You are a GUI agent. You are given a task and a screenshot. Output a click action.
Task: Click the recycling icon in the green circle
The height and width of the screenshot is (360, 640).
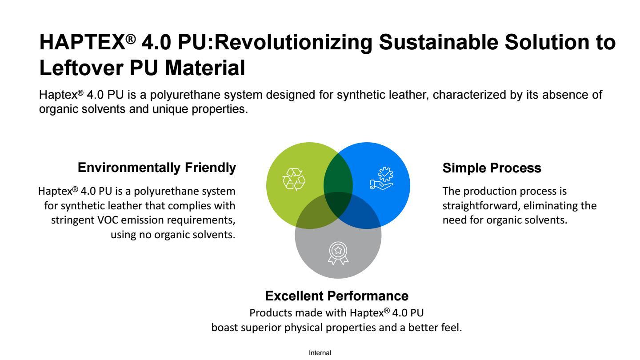[x=294, y=180]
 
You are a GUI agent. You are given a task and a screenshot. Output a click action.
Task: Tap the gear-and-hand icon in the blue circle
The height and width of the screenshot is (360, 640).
[x=381, y=178]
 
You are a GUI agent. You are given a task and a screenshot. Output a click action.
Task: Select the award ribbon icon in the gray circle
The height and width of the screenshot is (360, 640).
[x=338, y=253]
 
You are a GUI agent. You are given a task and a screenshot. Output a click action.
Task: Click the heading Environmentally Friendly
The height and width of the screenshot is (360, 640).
[x=156, y=168]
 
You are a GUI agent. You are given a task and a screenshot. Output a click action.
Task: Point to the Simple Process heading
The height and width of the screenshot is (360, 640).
[x=492, y=168]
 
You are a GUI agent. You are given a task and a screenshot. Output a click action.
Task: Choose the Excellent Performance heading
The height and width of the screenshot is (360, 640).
[x=336, y=296]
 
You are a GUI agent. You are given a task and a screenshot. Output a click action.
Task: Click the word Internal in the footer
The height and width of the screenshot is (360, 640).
[x=320, y=353]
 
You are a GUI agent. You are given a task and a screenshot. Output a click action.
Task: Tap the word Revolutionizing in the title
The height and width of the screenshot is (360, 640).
[x=293, y=42]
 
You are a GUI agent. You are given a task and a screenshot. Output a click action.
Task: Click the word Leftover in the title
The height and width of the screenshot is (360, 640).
[x=81, y=68]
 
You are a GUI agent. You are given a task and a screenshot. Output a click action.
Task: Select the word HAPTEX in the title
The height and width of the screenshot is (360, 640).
[x=82, y=42]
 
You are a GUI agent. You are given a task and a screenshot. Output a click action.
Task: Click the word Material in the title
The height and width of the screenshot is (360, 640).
[x=205, y=68]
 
